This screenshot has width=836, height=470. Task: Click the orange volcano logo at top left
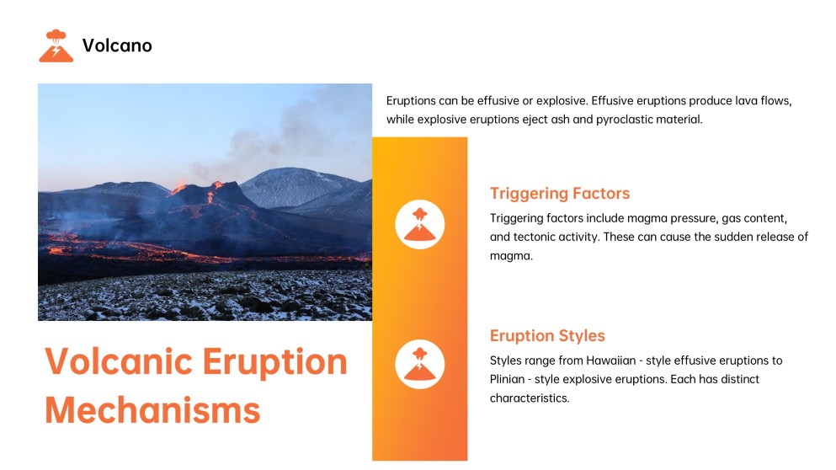pyautogui.click(x=56, y=45)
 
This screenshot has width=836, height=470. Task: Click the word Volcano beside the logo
pyautogui.click(x=117, y=45)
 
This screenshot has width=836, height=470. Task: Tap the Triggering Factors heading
pyautogui.click(x=559, y=194)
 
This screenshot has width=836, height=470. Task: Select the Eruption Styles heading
pyautogui.click(x=547, y=336)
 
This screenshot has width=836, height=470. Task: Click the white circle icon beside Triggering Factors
pyautogui.click(x=419, y=225)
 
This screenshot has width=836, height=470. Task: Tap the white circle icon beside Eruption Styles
pyautogui.click(x=419, y=364)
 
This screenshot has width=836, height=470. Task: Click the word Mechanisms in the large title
pyautogui.click(x=152, y=411)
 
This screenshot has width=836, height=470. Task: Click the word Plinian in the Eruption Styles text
pyautogui.click(x=510, y=379)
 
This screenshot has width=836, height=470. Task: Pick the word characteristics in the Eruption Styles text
pyautogui.click(x=529, y=398)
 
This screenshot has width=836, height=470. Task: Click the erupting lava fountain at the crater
pyautogui.click(x=215, y=187)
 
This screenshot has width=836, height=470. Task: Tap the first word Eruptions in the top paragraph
pyautogui.click(x=413, y=100)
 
